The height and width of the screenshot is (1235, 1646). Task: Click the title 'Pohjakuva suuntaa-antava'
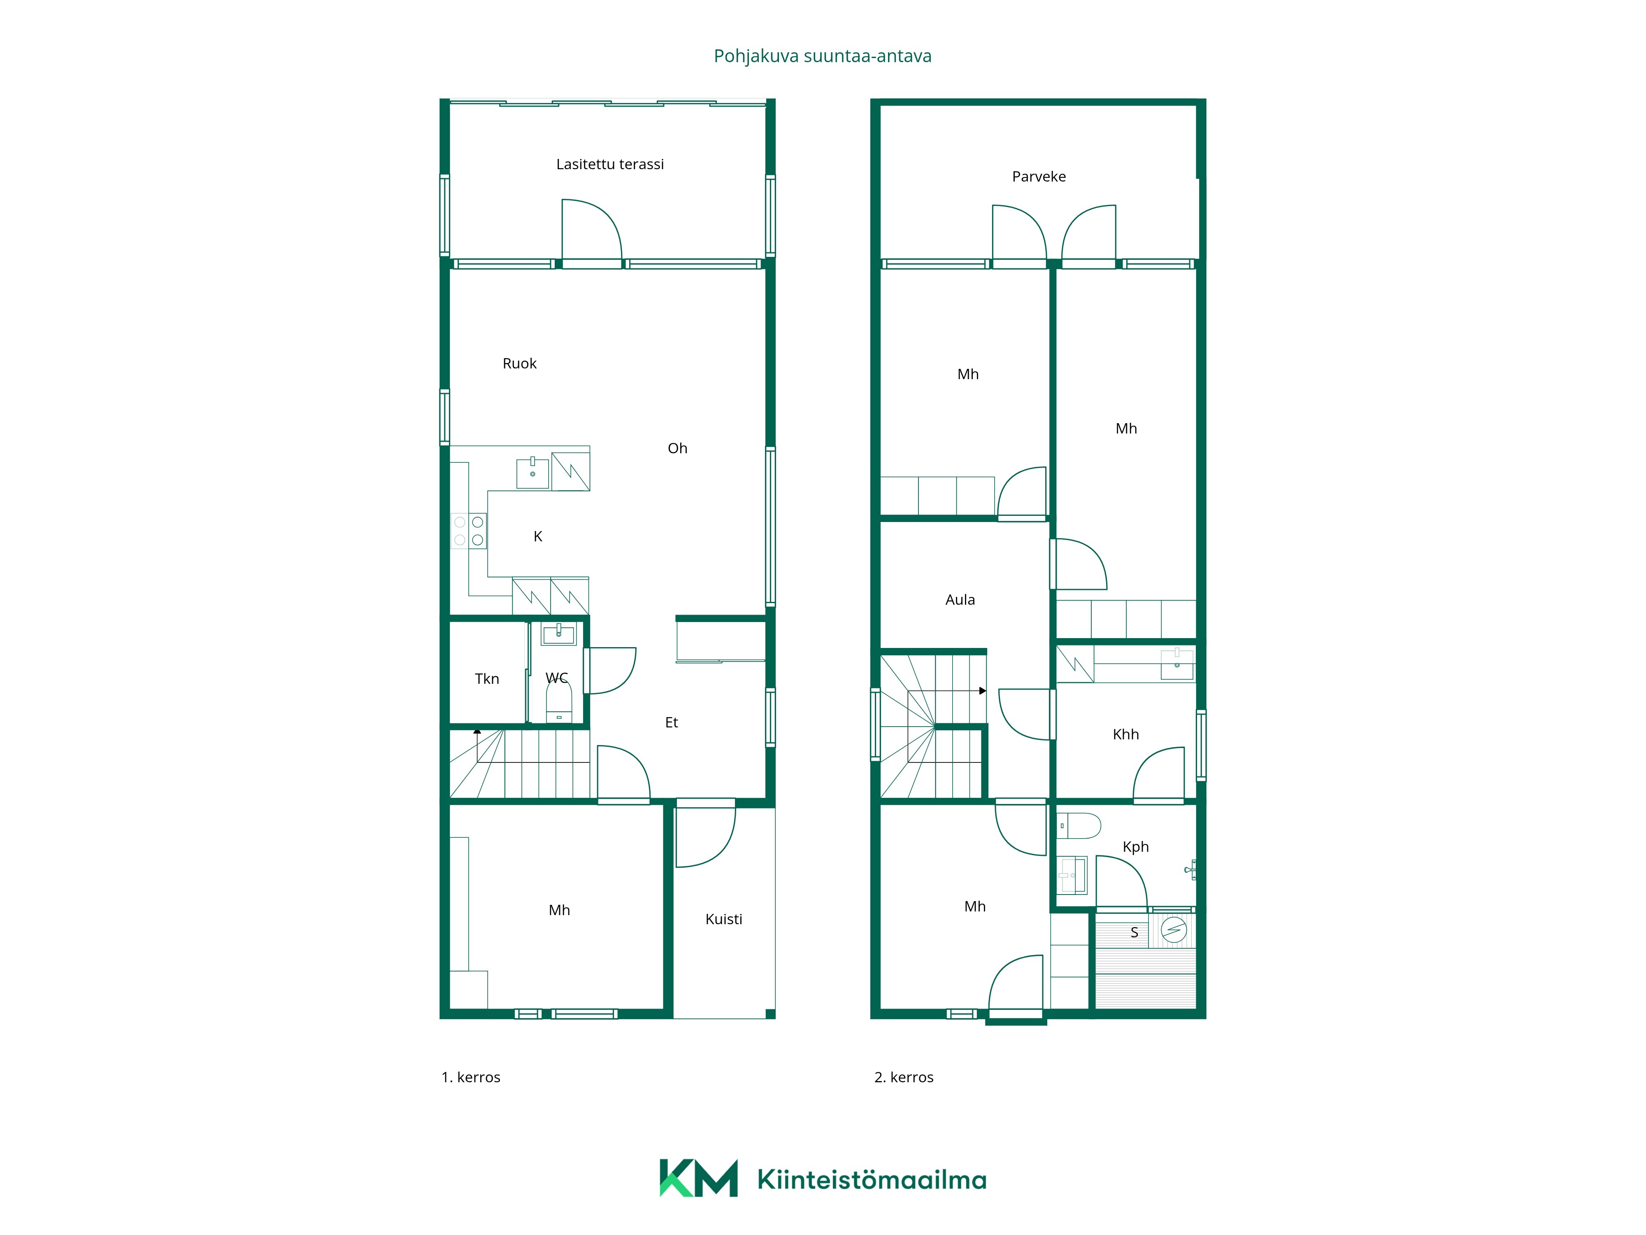(x=822, y=56)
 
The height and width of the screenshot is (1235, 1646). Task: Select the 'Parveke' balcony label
(x=1039, y=177)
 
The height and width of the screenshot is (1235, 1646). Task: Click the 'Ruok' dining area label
(x=519, y=363)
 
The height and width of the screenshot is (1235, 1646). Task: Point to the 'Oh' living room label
(x=677, y=448)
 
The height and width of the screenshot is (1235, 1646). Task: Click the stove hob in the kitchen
(x=469, y=531)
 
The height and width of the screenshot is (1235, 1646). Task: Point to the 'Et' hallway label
(x=671, y=722)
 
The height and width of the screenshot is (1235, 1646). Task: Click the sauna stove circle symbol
(x=1174, y=930)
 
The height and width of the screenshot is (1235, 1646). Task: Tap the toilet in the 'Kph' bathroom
(x=1079, y=825)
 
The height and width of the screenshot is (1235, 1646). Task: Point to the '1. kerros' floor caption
(x=471, y=1077)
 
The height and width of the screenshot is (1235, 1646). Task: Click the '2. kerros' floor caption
(x=904, y=1077)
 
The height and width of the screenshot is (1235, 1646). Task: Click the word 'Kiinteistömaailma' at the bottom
(x=872, y=1179)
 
